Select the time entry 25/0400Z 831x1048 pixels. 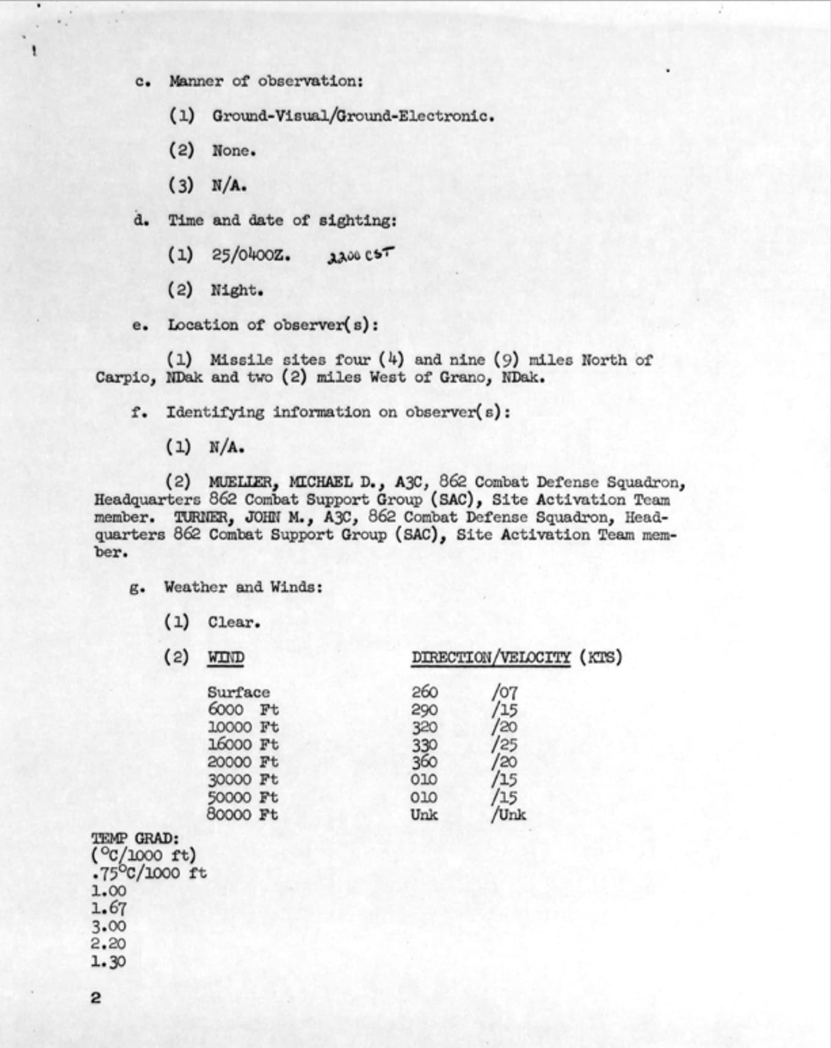[x=251, y=255]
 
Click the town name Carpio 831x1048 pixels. [x=125, y=377]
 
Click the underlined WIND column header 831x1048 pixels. [x=226, y=658]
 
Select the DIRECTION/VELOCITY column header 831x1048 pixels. [x=491, y=658]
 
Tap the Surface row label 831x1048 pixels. [x=238, y=693]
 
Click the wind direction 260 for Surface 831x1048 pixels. [x=424, y=692]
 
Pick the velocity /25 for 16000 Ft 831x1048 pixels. [x=505, y=744]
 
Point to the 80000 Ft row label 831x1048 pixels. [x=242, y=815]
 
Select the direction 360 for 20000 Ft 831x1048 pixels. [x=424, y=762]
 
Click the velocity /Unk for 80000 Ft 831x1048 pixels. [x=508, y=815]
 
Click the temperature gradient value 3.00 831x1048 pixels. [x=108, y=926]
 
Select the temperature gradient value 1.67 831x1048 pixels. [x=108, y=908]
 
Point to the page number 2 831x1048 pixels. [x=95, y=998]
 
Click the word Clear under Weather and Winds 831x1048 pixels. [x=233, y=623]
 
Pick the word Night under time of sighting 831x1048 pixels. [x=236, y=290]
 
